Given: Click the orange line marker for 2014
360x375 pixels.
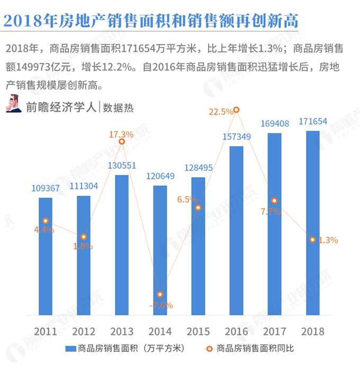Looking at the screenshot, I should coord(160,295).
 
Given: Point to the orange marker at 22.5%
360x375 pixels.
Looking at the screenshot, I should coord(236,110).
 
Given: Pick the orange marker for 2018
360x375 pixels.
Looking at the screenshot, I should coord(312,240).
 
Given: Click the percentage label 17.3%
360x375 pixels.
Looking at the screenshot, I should coord(121,134).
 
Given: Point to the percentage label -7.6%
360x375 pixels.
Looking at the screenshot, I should coord(161,306).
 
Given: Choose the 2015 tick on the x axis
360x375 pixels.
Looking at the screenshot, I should coord(198,332).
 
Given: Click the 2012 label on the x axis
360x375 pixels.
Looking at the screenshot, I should coord(84,332).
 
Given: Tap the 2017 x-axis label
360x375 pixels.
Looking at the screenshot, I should coord(274,332).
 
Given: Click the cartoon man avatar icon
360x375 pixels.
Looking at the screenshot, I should coord(14,104).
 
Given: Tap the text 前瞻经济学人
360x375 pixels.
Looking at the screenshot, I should coord(61,106).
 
